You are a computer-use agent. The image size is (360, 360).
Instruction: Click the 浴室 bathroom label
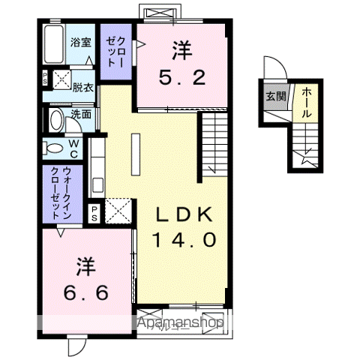(x=80, y=43)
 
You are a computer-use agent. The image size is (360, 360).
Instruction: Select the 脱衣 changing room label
(x=82, y=86)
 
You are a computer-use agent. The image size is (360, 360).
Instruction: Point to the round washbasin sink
(x=55, y=120)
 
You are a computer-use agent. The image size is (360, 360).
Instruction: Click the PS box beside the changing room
(x=45, y=77)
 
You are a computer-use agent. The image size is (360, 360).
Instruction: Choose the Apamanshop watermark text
(x=181, y=323)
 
